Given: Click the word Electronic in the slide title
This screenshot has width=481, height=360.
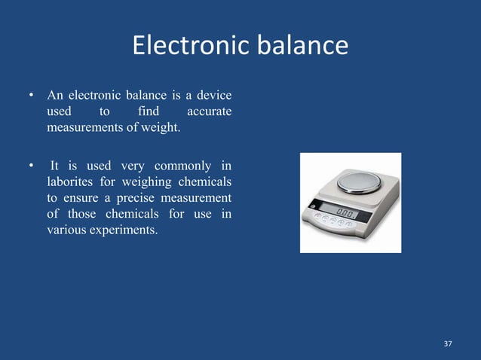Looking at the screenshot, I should point(188,46).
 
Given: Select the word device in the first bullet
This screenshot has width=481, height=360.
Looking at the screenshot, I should point(213,96).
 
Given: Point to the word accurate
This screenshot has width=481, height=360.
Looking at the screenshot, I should point(207,112).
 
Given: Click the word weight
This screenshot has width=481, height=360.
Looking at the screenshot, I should point(162,128).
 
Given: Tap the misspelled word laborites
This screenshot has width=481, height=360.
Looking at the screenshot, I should point(70,182).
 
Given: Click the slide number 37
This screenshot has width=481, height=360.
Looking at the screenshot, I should point(448,343).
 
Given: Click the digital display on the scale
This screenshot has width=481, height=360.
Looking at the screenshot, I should point(347,210).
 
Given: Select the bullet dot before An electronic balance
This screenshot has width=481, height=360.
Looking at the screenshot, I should point(32,96).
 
